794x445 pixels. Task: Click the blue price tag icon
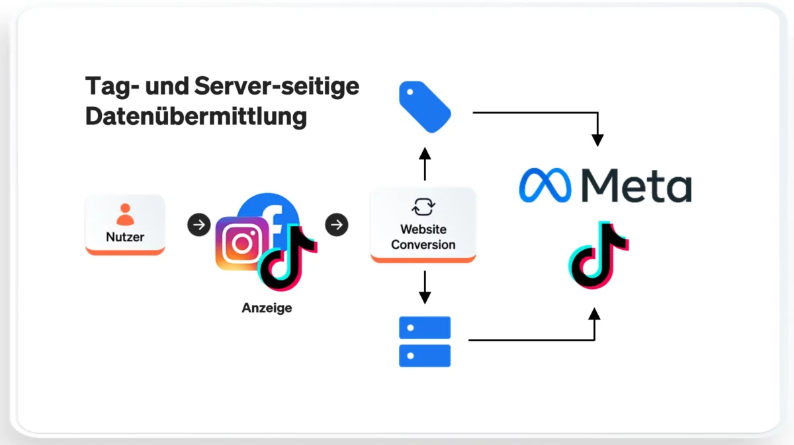click(x=424, y=106)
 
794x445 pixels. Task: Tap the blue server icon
click(x=425, y=341)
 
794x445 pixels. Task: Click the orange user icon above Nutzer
click(x=125, y=214)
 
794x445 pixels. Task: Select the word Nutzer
click(x=125, y=236)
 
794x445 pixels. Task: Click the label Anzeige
click(x=267, y=308)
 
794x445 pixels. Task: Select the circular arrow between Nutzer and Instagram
click(x=198, y=225)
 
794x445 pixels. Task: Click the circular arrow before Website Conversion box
click(x=337, y=225)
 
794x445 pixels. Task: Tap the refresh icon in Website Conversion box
click(x=423, y=208)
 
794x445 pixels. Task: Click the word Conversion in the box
click(x=423, y=245)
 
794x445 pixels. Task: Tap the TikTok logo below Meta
click(x=597, y=255)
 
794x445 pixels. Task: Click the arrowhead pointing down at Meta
click(x=597, y=140)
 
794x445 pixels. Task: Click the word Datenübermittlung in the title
click(x=196, y=116)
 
